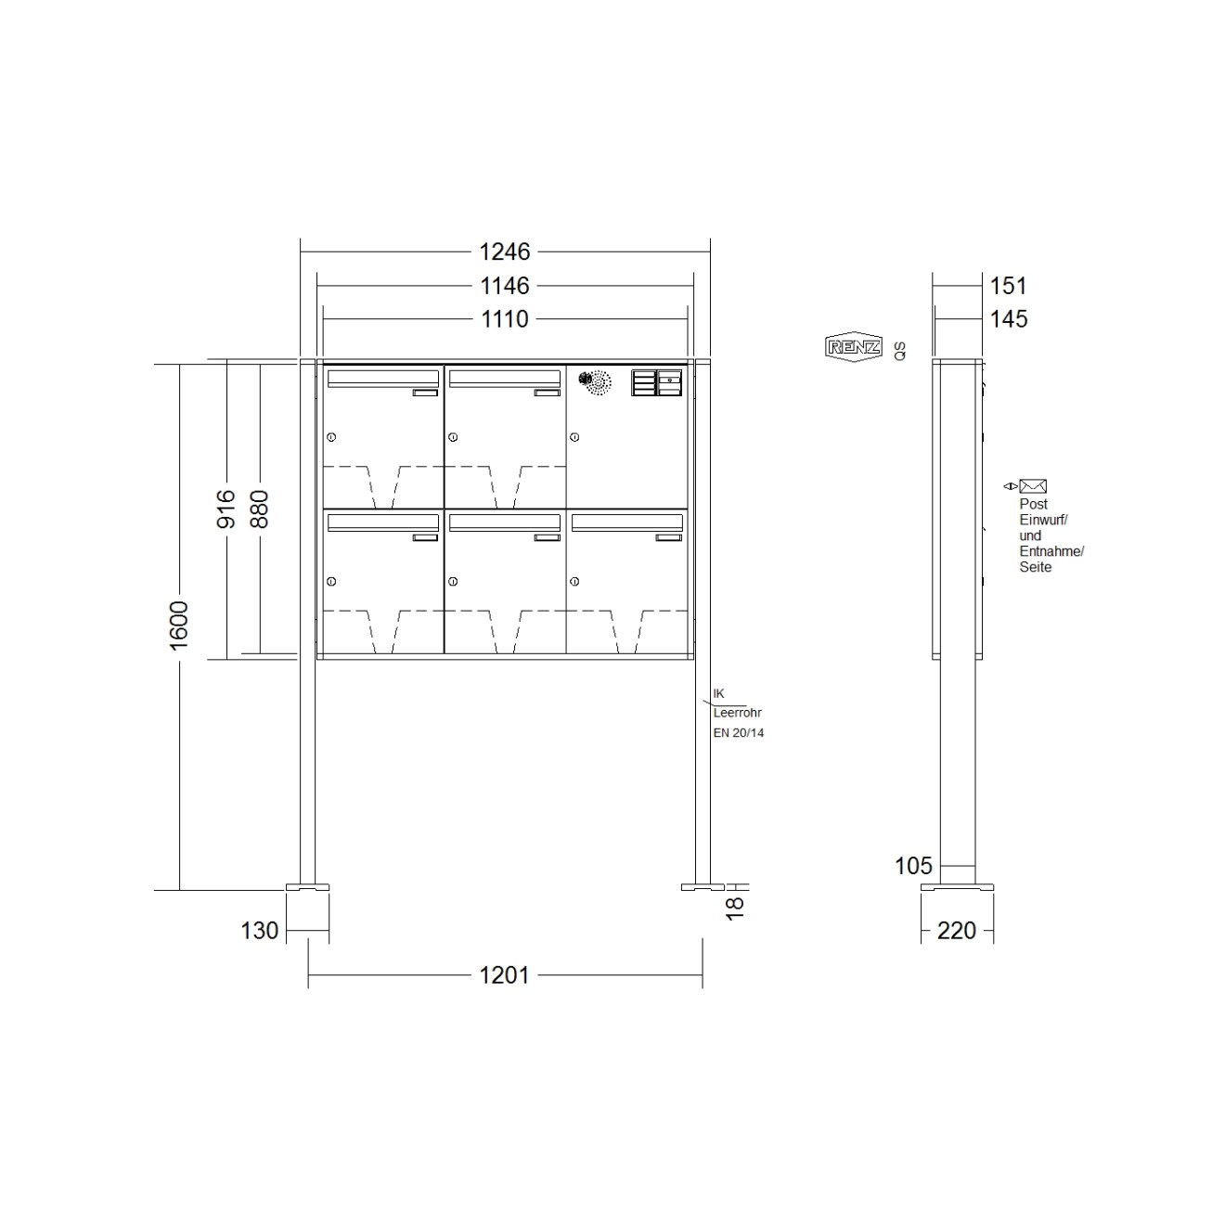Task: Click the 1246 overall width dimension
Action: (504, 251)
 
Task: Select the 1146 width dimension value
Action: (504, 286)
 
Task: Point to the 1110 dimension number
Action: (504, 319)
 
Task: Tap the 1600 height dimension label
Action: (179, 625)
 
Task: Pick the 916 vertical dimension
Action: (226, 509)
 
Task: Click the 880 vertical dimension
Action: (259, 509)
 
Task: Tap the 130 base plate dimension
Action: (259, 931)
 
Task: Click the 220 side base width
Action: (956, 931)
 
